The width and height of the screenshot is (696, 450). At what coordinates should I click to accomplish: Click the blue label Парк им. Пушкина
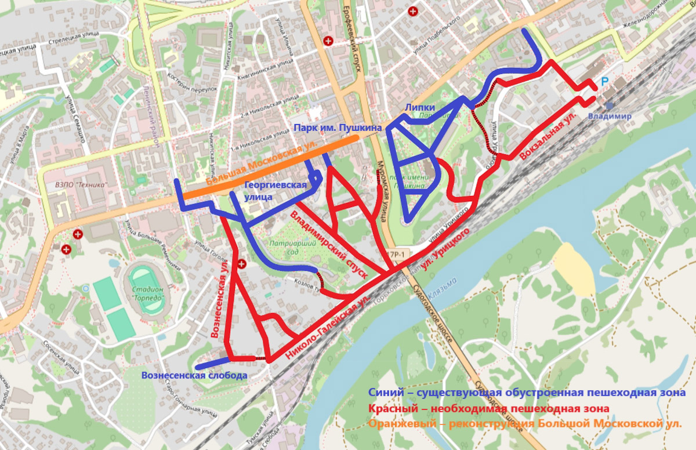[337, 128]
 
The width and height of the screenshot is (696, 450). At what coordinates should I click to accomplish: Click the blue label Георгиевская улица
[275, 191]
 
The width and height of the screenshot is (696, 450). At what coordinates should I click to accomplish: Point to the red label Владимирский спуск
[328, 246]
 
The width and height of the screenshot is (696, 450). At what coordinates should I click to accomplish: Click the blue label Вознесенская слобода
[195, 376]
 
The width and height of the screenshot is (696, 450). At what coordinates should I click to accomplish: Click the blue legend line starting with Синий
[527, 393]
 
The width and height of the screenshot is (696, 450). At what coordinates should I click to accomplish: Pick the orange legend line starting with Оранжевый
[524, 424]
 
